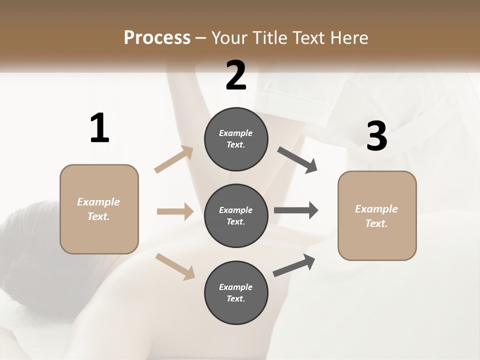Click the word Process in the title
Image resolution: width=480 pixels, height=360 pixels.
tap(157, 37)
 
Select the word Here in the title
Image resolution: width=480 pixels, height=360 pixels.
tap(348, 37)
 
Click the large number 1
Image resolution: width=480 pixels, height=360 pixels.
tap(99, 128)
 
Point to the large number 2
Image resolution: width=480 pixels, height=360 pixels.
tap(236, 75)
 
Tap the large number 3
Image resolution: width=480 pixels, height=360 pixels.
tap(376, 136)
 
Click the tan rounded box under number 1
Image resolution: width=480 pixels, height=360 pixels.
tap(99, 209)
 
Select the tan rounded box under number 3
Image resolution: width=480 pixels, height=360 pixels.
tap(377, 215)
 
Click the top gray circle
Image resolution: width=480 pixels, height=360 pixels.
tap(236, 139)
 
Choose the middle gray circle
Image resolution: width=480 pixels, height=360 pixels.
tap(236, 215)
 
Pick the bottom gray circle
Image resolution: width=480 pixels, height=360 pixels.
tap(236, 292)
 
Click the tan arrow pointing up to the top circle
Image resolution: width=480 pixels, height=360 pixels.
tap(174, 159)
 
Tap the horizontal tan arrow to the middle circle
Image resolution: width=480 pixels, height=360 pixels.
tap(175, 211)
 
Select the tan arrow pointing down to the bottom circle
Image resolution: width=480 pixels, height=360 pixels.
tap(175, 266)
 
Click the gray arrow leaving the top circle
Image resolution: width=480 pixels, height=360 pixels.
tap(297, 159)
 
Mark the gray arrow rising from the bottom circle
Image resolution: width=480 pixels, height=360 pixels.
tap(294, 265)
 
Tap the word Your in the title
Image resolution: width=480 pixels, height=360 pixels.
tap(230, 37)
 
